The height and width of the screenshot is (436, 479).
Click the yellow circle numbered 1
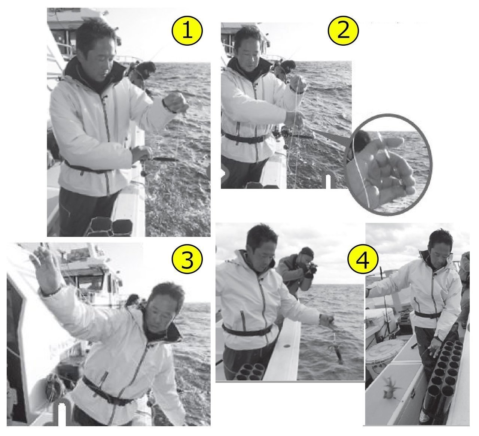(187, 31)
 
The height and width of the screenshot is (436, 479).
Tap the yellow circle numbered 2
(343, 31)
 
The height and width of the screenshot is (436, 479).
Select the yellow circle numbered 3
(187, 259)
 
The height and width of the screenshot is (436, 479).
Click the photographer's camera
(311, 269)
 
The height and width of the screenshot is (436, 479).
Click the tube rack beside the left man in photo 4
(248, 371)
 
